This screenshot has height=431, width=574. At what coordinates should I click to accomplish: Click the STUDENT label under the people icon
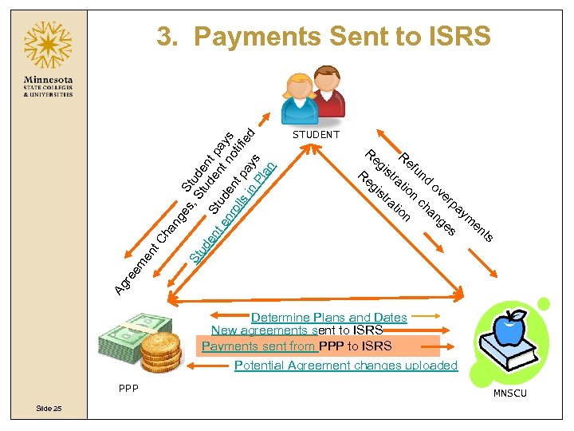316,135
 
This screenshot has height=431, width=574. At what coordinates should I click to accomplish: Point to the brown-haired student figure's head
327,77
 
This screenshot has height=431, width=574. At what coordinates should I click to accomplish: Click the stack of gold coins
161,351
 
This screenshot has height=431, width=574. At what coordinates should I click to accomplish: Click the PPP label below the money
126,389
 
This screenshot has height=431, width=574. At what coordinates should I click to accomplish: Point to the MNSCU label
509,393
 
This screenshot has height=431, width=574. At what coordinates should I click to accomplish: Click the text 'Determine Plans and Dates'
328,318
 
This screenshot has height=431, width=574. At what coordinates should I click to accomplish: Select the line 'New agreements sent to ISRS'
297,330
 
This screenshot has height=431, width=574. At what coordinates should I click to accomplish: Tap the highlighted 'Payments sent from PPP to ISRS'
297,346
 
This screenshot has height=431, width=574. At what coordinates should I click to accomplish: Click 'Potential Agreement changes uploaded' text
346,366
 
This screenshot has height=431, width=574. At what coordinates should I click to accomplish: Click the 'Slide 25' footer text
49,409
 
